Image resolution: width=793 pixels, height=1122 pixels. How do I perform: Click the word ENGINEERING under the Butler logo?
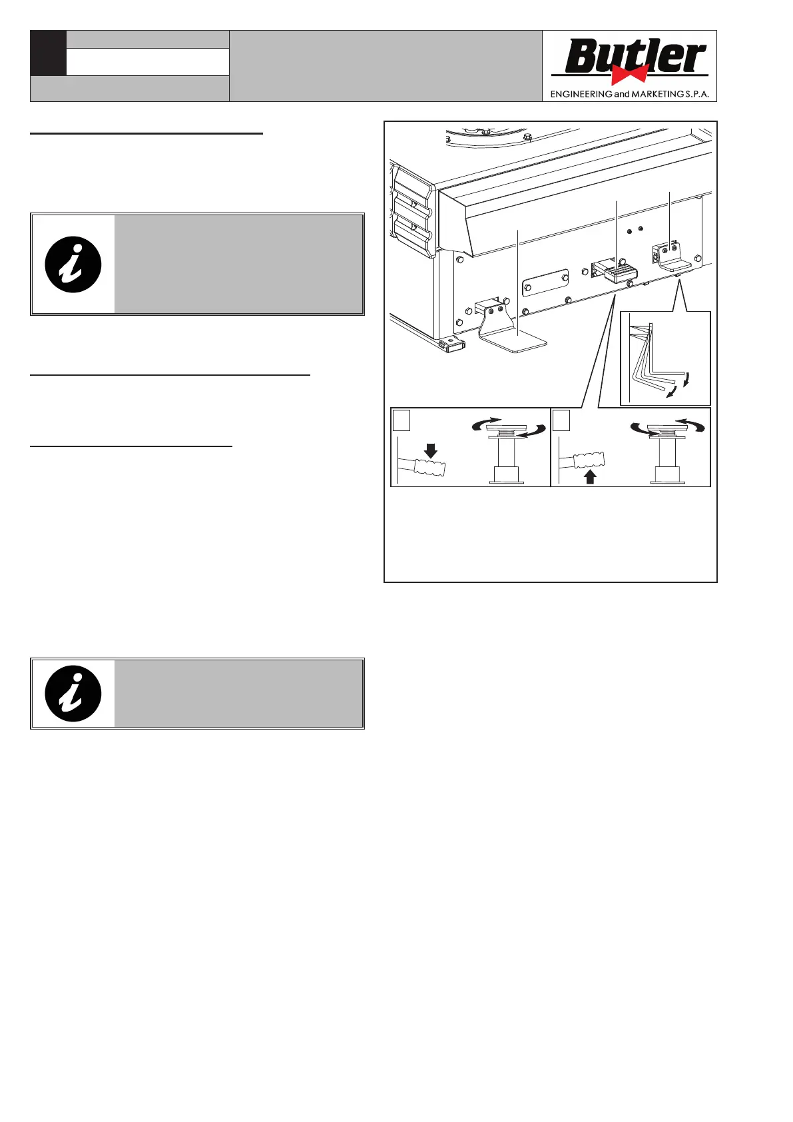[x=581, y=95]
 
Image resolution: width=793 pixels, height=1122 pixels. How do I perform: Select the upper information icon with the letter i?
[x=73, y=264]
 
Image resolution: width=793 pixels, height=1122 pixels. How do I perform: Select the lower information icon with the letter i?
[x=73, y=693]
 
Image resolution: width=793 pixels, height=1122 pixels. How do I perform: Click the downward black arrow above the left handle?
[x=431, y=450]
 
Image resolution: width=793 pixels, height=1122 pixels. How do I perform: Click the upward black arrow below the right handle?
[x=590, y=476]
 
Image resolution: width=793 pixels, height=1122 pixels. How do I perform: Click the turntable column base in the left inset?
[x=505, y=475]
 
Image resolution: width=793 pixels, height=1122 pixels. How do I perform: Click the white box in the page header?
[x=147, y=62]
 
